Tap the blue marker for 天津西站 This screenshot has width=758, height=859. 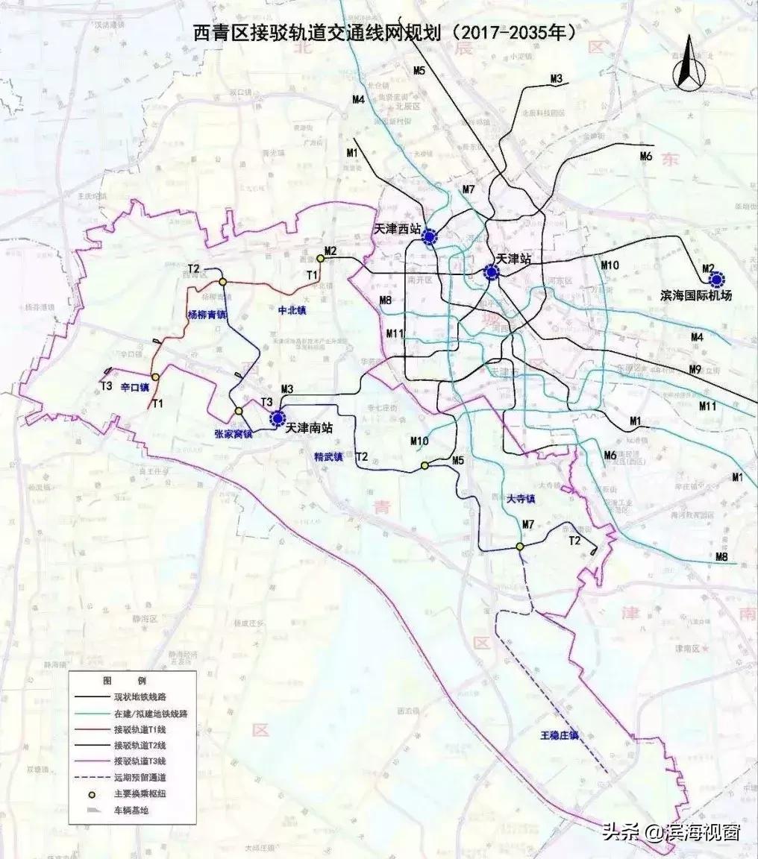[430, 237]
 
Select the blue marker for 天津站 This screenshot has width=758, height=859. [491, 273]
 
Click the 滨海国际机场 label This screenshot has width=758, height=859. [697, 295]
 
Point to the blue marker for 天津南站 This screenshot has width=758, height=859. [278, 418]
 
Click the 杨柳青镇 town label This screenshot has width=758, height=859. [206, 315]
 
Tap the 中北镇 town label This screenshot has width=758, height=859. [293, 307]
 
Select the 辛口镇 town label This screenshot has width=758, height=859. [135, 388]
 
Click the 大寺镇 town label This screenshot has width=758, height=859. [521, 497]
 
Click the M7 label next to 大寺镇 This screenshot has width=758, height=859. [528, 525]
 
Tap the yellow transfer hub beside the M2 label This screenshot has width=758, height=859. [320, 258]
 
